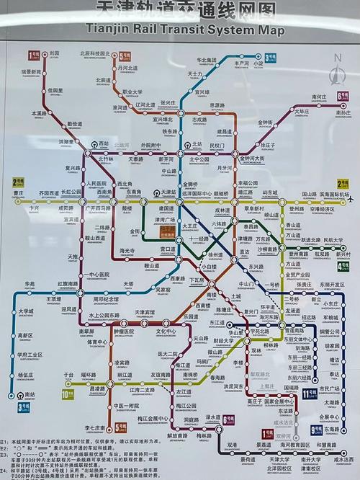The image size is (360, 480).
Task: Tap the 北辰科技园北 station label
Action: [94, 53]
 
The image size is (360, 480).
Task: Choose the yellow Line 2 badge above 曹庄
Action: [14, 183]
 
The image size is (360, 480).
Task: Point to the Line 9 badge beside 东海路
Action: [314, 430]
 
